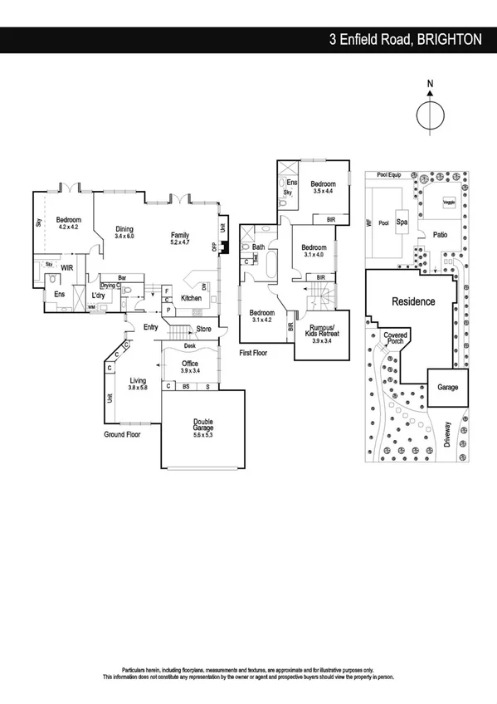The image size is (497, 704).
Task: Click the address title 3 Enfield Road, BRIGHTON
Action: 405,38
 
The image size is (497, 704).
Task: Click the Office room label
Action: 190,363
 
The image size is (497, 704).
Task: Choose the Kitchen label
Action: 191,298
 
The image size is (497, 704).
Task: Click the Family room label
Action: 180,235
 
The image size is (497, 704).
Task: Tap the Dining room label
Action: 124,230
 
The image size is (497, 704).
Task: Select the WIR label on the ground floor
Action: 67,268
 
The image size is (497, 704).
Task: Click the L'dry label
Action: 98,295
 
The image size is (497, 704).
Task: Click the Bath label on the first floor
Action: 258,247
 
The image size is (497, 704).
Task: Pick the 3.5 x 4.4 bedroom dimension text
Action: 323,191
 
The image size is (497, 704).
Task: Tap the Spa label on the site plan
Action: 402,222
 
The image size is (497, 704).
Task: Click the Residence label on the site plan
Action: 413,301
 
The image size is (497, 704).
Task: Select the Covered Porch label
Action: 395,339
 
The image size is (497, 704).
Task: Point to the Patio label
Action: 440,235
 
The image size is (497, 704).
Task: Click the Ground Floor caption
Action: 122,434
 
